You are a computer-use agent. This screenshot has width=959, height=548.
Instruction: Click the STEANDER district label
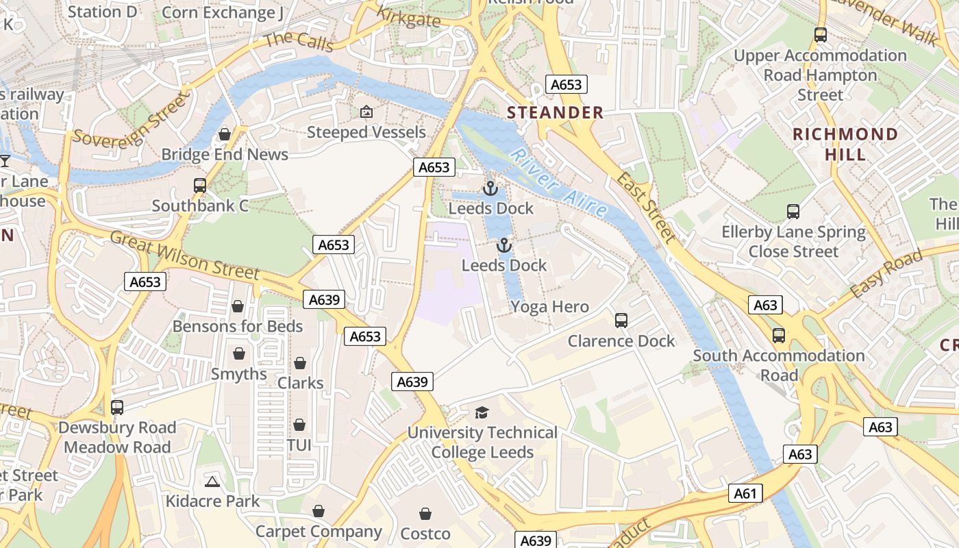tap(556, 113)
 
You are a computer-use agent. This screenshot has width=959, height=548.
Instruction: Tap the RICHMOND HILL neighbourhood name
tap(845, 144)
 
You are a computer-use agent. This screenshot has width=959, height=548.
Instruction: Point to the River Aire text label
tap(559, 182)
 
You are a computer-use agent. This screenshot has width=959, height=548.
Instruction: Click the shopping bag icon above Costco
tap(425, 514)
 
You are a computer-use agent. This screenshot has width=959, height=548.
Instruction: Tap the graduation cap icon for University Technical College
tap(482, 412)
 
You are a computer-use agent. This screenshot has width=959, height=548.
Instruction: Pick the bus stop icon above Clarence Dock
tap(621, 320)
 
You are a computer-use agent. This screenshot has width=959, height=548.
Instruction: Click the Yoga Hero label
tap(549, 307)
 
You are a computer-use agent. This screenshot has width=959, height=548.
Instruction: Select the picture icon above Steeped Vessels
tap(366, 112)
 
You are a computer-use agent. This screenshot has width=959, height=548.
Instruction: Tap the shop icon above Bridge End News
tap(225, 134)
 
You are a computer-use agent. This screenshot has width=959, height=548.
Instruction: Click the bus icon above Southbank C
tap(200, 186)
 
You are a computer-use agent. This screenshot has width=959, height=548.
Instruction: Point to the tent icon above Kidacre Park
tap(212, 482)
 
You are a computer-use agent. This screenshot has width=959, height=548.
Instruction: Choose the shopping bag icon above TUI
tap(299, 425)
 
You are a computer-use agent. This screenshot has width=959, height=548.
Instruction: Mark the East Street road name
tap(646, 208)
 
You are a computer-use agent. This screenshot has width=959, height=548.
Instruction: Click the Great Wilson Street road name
tap(185, 256)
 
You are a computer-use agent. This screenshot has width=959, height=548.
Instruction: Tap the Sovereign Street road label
tap(130, 121)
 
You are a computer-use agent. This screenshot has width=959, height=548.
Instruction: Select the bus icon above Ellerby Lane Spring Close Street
tap(793, 212)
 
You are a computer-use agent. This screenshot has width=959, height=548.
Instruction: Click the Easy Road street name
tap(886, 274)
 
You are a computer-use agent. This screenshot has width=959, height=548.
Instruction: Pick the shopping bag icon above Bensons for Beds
tap(238, 306)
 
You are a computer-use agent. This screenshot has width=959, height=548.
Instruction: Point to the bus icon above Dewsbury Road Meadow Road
tap(117, 408)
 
